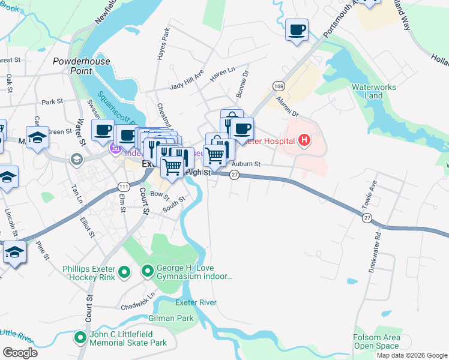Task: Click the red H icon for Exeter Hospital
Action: click(x=305, y=141)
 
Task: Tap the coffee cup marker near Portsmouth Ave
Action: click(x=297, y=29)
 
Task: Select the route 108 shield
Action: click(x=279, y=86)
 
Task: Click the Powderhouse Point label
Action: click(x=73, y=66)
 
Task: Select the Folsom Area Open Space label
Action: click(x=376, y=341)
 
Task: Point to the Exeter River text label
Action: click(x=196, y=302)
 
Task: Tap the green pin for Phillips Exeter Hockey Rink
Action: click(x=124, y=273)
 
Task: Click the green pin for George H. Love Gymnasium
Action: click(x=148, y=272)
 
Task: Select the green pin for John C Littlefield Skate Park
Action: click(x=80, y=338)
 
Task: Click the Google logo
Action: click(x=20, y=353)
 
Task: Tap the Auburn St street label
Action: click(x=246, y=163)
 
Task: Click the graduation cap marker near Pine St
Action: click(x=14, y=252)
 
